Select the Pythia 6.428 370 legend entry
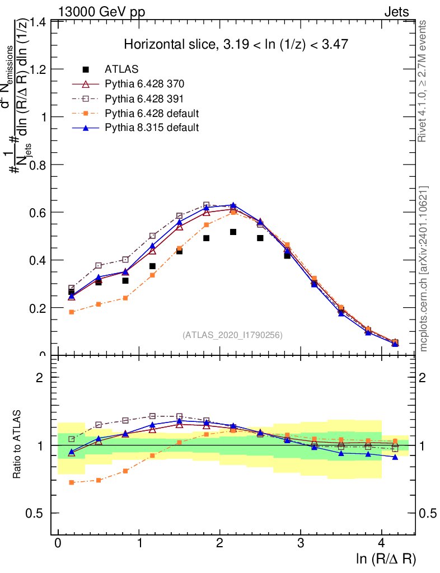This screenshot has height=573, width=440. point(144,84)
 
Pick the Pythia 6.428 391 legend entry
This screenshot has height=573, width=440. point(144,99)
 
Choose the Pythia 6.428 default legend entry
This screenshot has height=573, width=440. point(152,114)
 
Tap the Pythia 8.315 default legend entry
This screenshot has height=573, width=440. point(152,128)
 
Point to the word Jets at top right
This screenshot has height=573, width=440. point(396,12)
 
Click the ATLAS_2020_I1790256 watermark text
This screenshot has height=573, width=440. point(232,335)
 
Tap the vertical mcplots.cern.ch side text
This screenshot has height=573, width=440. point(424,269)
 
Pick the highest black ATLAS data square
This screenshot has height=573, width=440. point(233,232)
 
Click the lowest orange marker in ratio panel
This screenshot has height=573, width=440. point(72,482)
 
